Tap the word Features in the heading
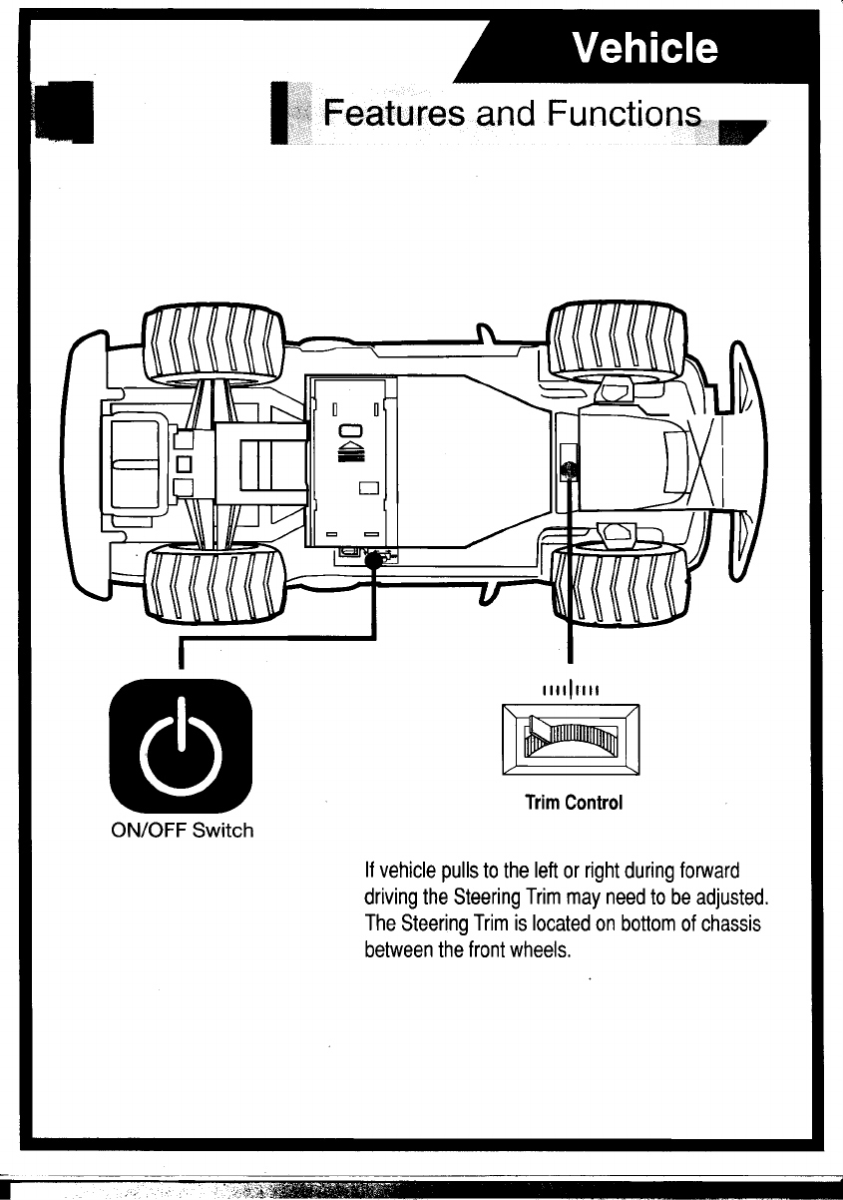(388, 113)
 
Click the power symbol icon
(181, 745)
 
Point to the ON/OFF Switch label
(181, 830)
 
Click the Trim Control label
(574, 803)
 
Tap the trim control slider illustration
(571, 738)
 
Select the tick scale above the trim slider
(569, 687)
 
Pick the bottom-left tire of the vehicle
(213, 583)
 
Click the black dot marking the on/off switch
(374, 562)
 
